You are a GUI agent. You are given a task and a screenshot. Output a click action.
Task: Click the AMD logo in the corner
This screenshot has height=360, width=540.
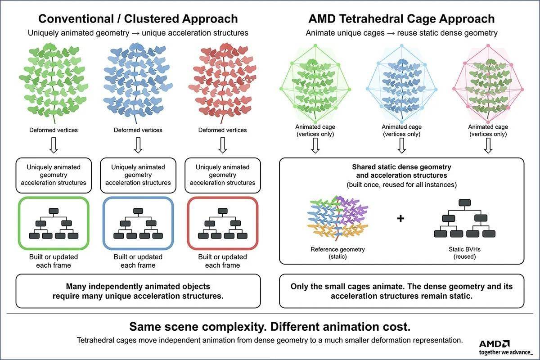pos(494,344)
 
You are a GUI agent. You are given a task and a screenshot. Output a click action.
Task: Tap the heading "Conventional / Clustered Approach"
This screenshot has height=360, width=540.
pos(138,19)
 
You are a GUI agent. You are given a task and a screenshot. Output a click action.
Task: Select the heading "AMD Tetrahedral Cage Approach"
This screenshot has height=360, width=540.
pos(401,19)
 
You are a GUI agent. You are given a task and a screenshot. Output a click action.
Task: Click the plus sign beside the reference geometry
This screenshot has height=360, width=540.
pos(400,218)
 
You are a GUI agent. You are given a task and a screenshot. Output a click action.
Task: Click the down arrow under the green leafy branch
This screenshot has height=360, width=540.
pos(54,145)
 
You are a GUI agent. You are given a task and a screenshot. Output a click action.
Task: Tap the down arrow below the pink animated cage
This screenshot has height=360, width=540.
pos(488,145)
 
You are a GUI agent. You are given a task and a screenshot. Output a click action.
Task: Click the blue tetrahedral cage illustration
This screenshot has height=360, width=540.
pos(401,83)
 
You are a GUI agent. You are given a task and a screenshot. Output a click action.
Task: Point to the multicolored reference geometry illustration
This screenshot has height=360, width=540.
pos(337,218)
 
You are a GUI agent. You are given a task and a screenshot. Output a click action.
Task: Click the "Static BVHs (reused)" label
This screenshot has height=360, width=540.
pos(464,253)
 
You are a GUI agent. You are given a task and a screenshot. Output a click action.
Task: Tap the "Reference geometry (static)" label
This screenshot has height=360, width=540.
pos(337,253)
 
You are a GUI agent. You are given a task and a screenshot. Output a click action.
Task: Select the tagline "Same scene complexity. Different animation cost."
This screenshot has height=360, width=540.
pos(270,327)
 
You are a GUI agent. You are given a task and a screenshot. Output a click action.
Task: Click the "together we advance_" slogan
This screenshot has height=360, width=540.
pos(506,352)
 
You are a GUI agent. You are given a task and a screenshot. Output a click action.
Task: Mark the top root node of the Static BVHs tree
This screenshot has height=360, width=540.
pos(464,202)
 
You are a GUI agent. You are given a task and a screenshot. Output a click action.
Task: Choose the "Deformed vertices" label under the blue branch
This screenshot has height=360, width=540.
pos(138,130)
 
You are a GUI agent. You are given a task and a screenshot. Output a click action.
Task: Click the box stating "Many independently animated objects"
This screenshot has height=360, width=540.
pos(138,291)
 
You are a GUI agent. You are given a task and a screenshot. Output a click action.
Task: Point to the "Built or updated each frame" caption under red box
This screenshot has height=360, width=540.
pos(222,261)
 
